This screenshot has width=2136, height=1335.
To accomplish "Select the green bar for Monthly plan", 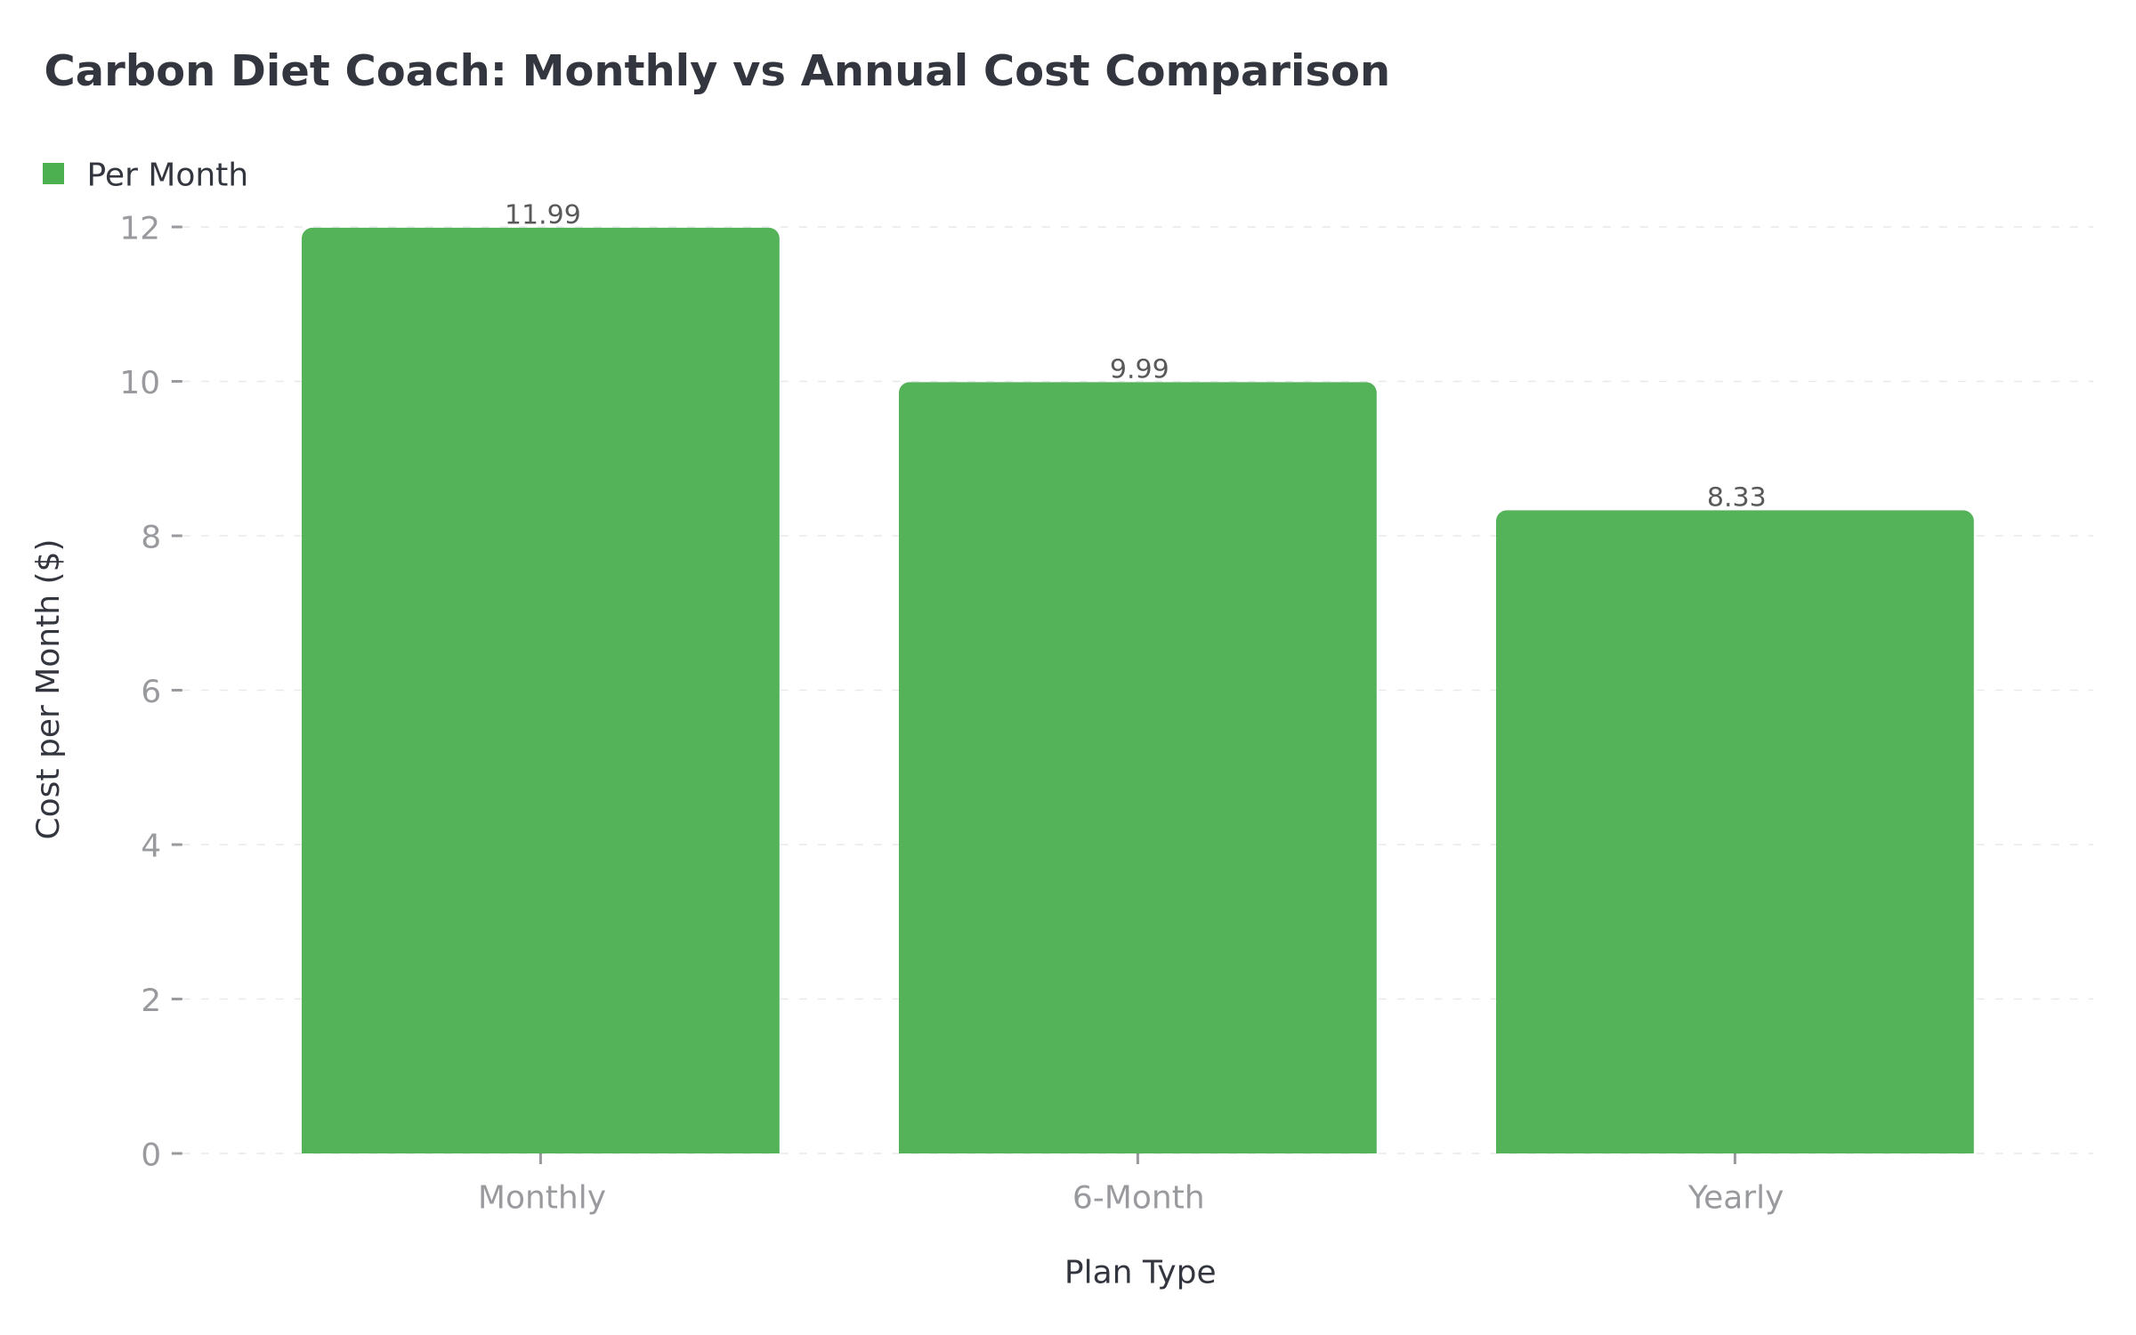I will pos(540,691).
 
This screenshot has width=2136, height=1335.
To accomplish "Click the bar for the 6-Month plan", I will pos(1137,767).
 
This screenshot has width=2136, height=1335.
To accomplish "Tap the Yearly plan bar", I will pos(1735,831).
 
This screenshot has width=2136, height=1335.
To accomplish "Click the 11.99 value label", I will pos(542,214).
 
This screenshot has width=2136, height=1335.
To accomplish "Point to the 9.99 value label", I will pos(1138,368).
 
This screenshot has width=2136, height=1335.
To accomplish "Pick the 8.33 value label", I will pos(1735,498).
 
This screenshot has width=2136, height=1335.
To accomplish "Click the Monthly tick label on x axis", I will pos(541,1197).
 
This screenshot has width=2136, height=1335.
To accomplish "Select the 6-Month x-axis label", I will pos(1137,1197).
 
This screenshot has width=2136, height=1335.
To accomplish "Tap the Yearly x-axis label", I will pos(1735,1197).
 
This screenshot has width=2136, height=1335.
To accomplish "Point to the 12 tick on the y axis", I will pos(140,228).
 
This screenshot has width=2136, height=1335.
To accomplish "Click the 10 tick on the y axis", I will pos(140,382).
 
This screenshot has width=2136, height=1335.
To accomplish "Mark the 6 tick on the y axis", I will pos(150,691).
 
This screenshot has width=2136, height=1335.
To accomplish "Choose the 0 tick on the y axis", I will pos(150,1154).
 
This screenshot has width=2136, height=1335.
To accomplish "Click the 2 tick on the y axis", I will pos(150,999).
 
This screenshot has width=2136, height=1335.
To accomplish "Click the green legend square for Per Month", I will pos(53,174).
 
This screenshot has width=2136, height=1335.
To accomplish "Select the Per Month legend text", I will pos(166,174).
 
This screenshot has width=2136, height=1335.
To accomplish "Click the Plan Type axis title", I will pos(1139,1272).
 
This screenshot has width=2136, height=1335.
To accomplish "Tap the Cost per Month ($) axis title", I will pos(49,689).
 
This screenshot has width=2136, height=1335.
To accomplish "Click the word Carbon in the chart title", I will pos(129,71).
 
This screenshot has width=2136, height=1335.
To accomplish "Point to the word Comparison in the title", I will pos(1246,71).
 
